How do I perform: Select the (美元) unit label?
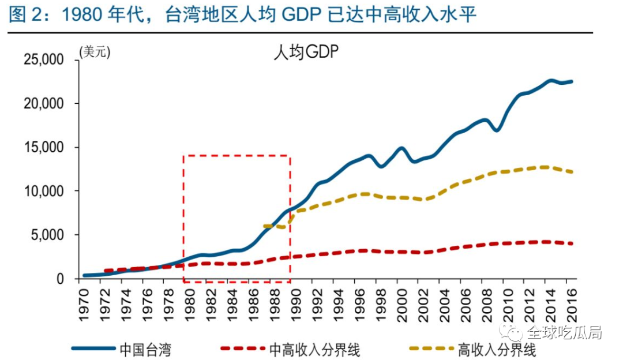click(94, 52)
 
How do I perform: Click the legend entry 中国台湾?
click(145, 348)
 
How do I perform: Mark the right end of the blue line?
click(572, 81)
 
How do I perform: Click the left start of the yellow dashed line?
click(264, 226)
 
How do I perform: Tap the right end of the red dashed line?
click(572, 243)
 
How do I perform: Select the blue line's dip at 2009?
click(497, 130)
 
